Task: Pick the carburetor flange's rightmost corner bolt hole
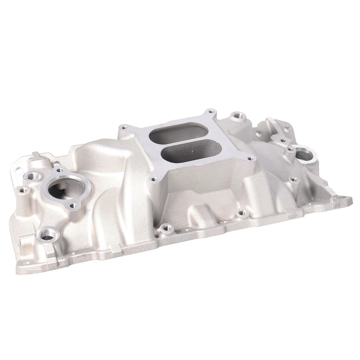click(x=249, y=158)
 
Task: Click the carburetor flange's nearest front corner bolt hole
click(x=152, y=180)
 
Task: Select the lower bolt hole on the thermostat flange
click(x=73, y=205)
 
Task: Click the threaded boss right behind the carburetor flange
click(x=237, y=117)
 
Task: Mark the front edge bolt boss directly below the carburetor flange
click(x=163, y=227)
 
